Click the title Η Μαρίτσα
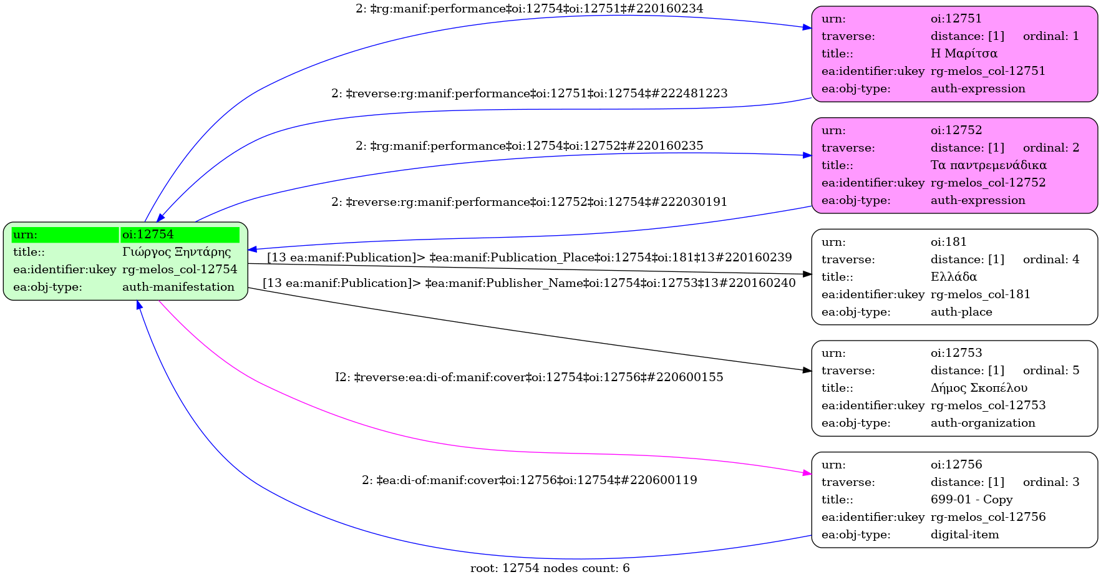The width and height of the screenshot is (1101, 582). (964, 54)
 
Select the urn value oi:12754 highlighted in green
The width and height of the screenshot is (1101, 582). (148, 235)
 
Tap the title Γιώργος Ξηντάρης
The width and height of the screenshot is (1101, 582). (177, 252)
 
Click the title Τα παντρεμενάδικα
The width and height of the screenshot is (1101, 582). (988, 165)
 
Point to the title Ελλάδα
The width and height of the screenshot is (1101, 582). (953, 277)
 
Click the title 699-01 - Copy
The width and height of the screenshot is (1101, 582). (971, 500)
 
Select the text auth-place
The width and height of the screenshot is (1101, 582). (961, 312)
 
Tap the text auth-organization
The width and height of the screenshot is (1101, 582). (982, 423)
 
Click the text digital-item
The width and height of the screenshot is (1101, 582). (964, 535)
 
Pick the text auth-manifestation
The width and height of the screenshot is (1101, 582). (178, 287)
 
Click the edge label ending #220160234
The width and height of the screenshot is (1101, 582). (529, 9)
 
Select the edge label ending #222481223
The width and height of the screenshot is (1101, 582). (529, 94)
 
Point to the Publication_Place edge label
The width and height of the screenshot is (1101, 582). (529, 258)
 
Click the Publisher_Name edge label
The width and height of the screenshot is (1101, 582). (529, 283)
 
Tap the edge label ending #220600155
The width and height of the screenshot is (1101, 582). (529, 377)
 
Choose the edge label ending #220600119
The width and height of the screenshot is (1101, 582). (529, 480)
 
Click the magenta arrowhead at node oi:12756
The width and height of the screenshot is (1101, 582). (807, 474)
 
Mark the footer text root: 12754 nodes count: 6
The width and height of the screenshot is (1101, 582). (550, 568)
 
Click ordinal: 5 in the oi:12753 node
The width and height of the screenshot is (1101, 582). (1050, 371)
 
